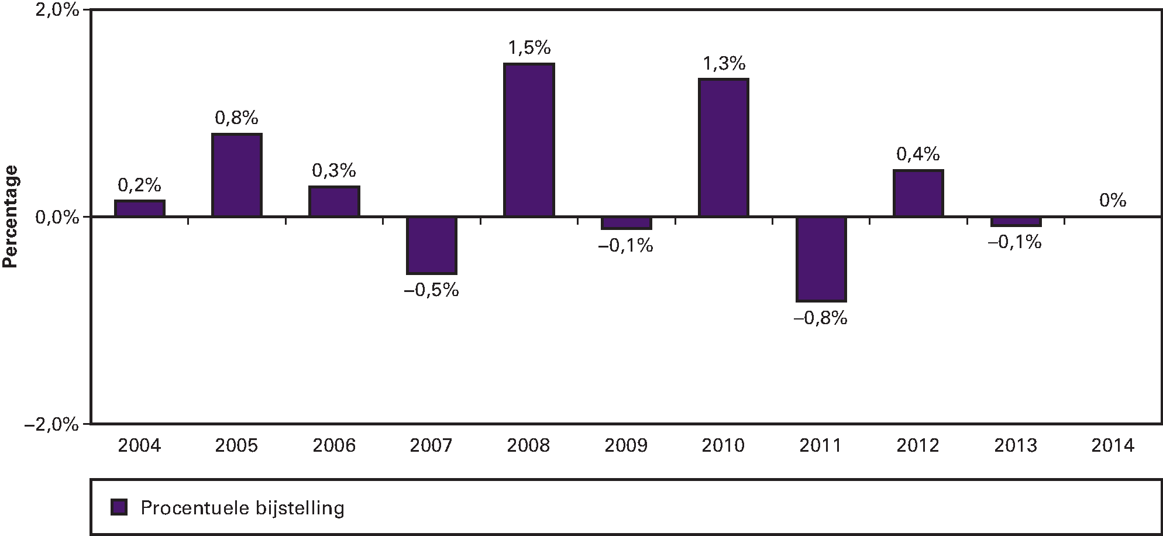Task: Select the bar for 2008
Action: [529, 140]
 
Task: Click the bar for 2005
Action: [237, 176]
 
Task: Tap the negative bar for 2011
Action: [821, 259]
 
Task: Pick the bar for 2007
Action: [432, 245]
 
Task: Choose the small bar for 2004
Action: [139, 209]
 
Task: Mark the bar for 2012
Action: [918, 194]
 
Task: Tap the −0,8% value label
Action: [820, 318]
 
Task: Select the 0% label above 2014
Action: [1112, 201]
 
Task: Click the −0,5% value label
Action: [432, 290]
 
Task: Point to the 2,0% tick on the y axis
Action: [57, 12]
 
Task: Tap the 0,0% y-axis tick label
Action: [57, 218]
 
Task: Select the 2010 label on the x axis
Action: [723, 446]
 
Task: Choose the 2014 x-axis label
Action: [1112, 446]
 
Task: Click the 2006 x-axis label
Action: [334, 446]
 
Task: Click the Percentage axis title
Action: [11, 217]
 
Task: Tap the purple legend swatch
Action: [119, 507]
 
